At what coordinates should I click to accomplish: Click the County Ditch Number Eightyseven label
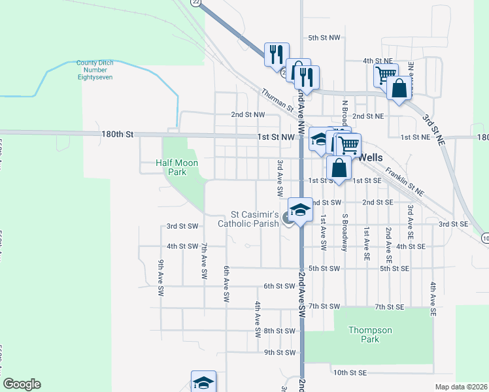pyautogui.click(x=95, y=70)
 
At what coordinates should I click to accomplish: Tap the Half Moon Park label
pyautogui.click(x=171, y=167)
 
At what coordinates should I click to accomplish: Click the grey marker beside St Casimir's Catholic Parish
pyautogui.click(x=289, y=220)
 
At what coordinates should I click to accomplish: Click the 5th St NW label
pyautogui.click(x=324, y=39)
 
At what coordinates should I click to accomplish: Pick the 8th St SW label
pyautogui.click(x=280, y=331)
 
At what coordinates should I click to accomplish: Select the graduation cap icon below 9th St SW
pyautogui.click(x=203, y=382)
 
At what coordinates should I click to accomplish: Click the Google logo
pyautogui.click(x=22, y=384)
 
